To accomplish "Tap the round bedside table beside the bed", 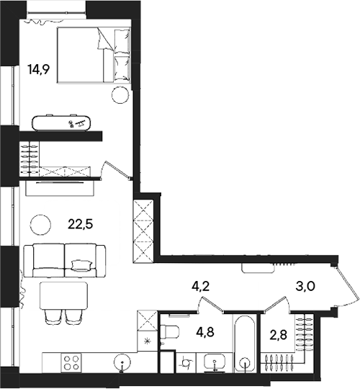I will click(120, 94).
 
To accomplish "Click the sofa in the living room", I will click(65, 260).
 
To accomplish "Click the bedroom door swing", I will click(117, 169).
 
